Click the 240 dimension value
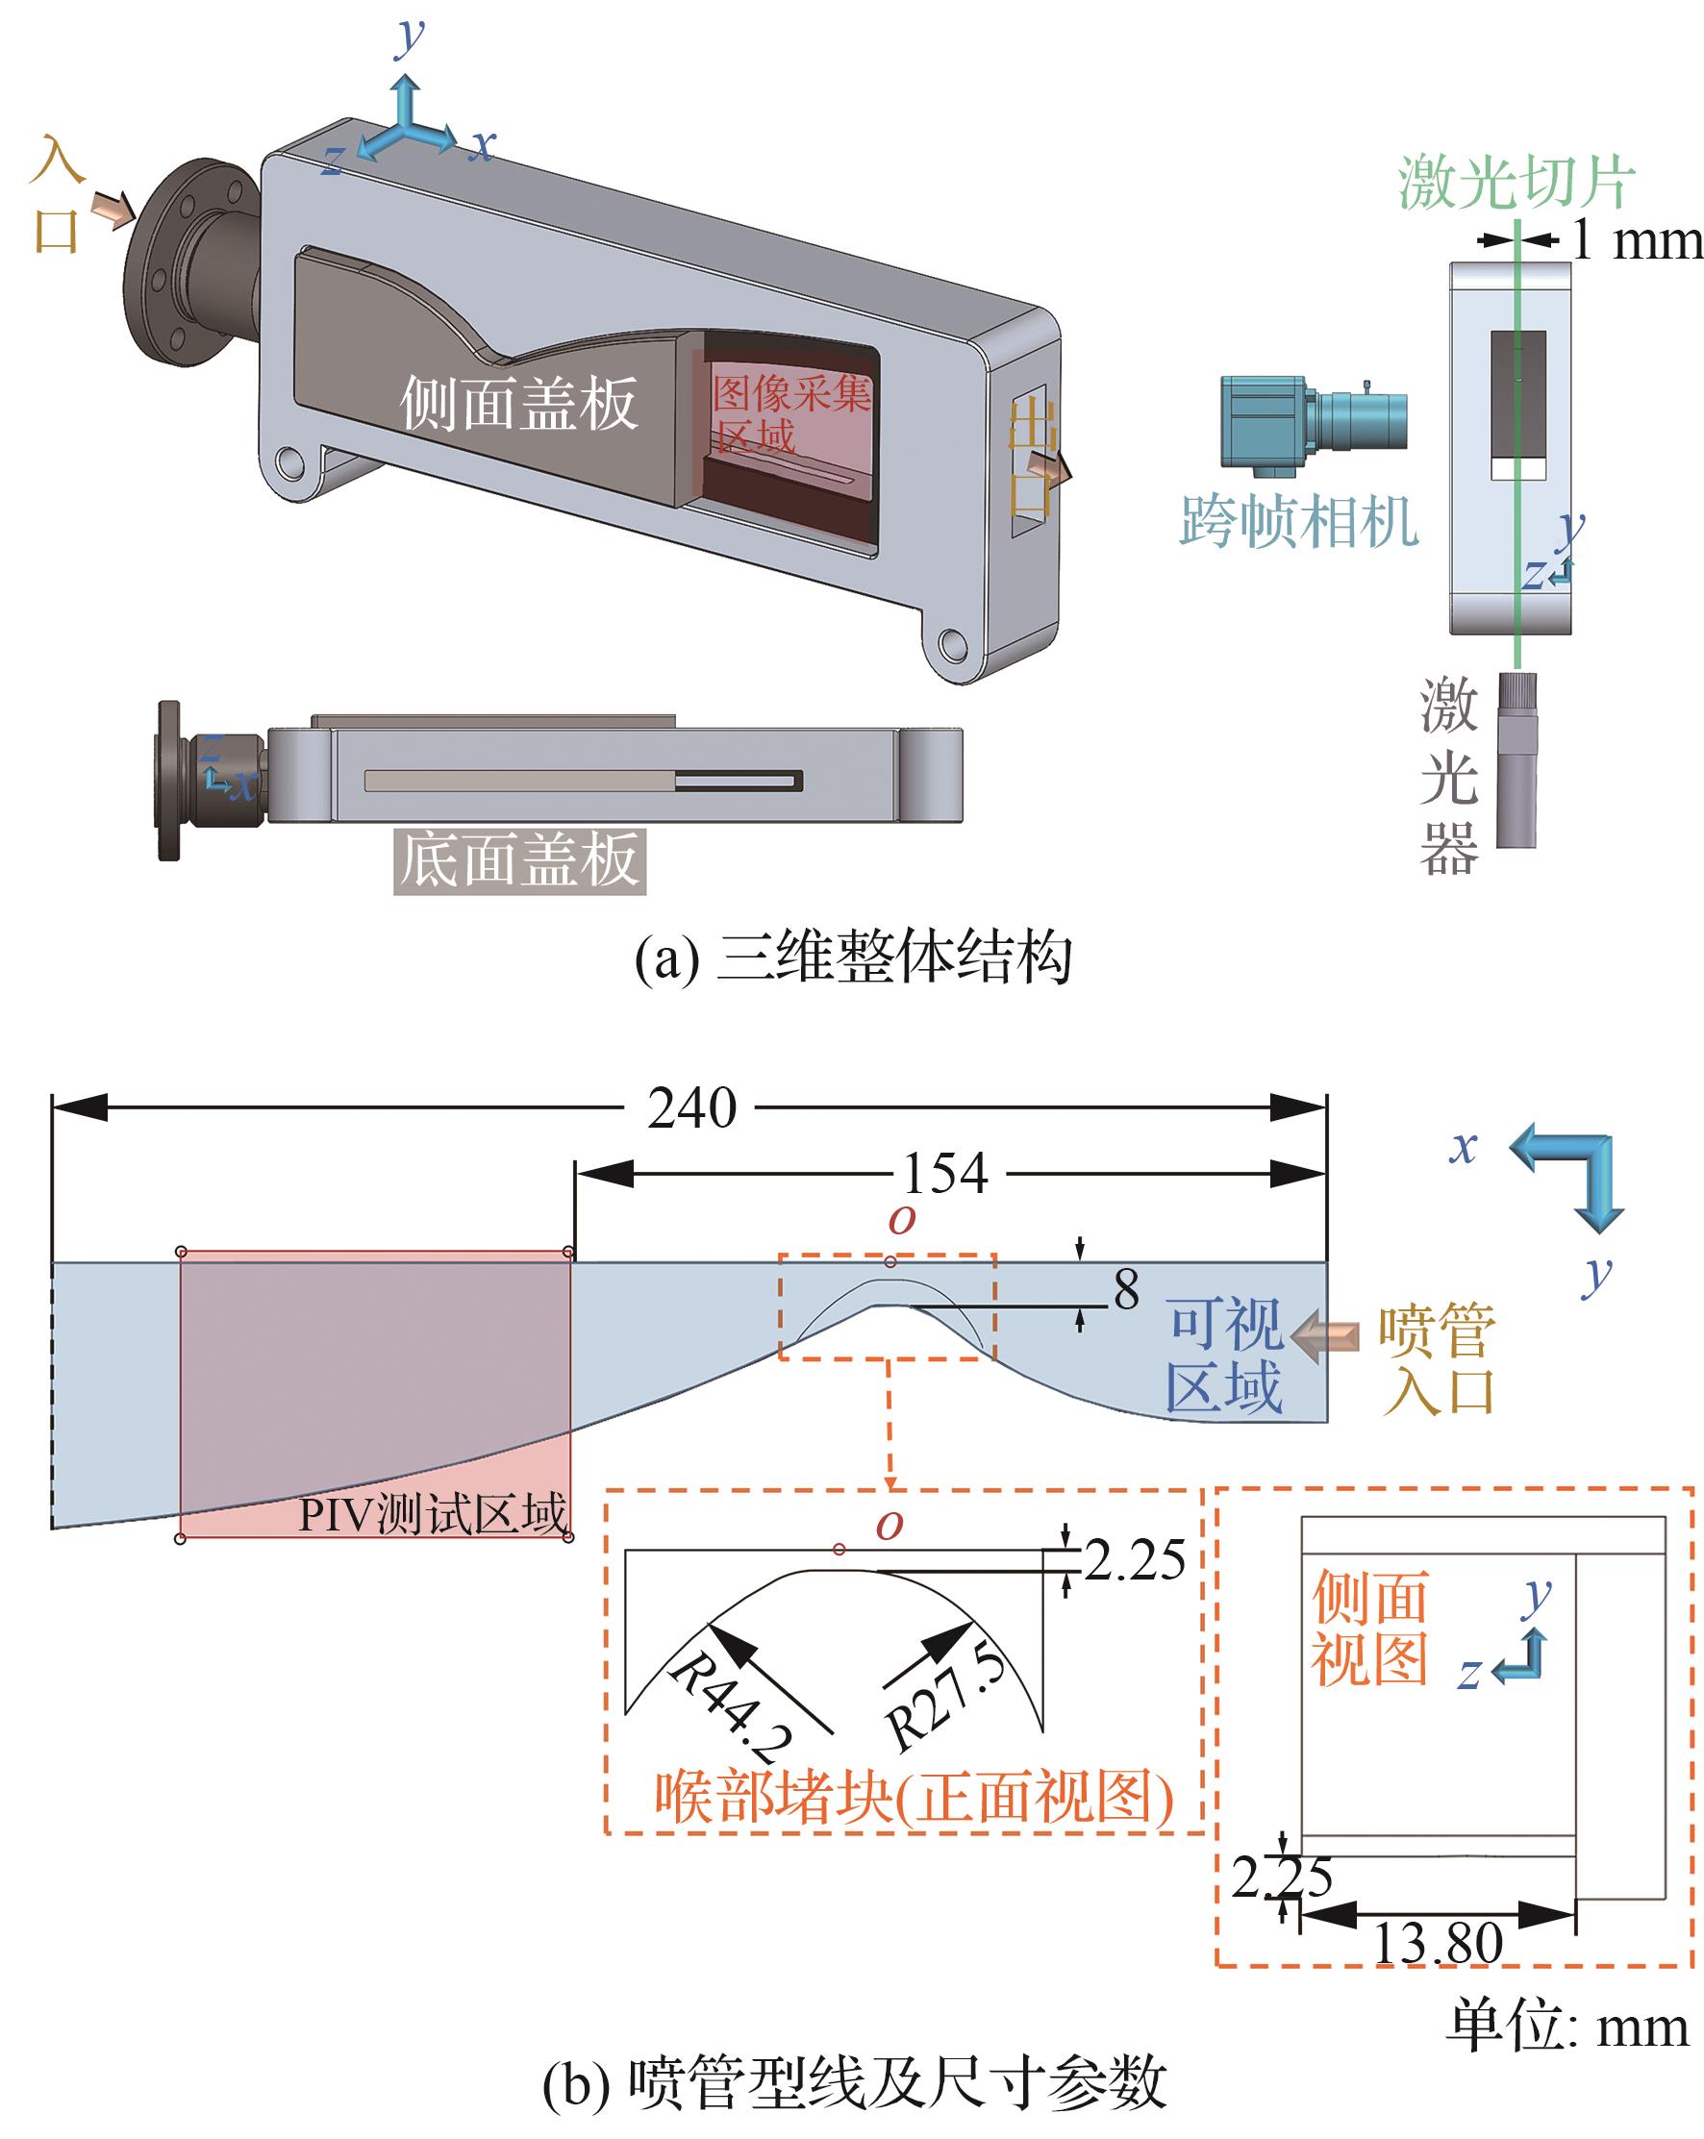[x=691, y=1107]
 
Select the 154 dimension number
[x=944, y=1174]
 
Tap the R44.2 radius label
[x=733, y=1707]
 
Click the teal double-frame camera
[x=1311, y=419]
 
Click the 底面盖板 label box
[x=519, y=859]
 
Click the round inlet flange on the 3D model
[x=179, y=262]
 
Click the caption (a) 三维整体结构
[x=854, y=958]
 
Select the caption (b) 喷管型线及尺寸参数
[x=854, y=2081]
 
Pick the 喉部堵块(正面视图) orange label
[x=913, y=1796]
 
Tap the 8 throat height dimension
[x=1126, y=1289]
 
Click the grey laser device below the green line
[x=1516, y=760]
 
